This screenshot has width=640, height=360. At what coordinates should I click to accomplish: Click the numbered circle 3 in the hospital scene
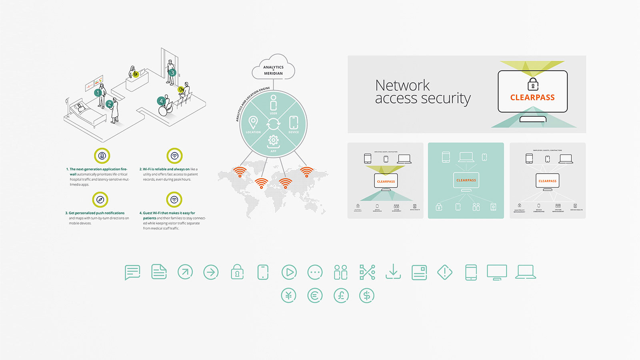(172, 73)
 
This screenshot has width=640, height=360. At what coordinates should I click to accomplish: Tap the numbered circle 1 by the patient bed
(98, 93)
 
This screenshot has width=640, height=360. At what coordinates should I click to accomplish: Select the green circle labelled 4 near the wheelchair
(161, 101)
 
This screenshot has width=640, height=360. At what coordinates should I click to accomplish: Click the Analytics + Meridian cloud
(273, 68)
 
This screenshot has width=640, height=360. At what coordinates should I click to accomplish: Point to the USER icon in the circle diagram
(273, 103)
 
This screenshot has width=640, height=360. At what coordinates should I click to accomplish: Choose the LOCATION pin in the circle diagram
(253, 122)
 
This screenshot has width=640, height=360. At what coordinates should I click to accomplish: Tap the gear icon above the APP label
(273, 140)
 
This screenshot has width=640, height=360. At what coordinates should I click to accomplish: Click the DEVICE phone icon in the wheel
(294, 122)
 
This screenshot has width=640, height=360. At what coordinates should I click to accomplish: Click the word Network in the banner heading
(402, 85)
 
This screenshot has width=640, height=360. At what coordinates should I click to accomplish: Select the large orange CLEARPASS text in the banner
(532, 98)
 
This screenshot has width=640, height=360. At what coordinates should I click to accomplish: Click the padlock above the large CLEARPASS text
(533, 84)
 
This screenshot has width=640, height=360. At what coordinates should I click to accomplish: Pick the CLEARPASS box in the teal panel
(466, 180)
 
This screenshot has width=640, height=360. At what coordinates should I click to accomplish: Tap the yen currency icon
(288, 296)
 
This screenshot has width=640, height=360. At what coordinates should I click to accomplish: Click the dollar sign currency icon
(366, 296)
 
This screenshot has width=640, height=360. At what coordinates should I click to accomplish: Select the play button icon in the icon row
(289, 272)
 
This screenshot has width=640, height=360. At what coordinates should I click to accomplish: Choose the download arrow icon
(393, 272)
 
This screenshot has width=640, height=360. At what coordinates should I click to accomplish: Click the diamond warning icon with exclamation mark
(445, 272)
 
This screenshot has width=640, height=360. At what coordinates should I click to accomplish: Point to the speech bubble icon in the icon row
(132, 272)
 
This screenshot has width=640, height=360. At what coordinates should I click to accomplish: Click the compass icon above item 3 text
(100, 199)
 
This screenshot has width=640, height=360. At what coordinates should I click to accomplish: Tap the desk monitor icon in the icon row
(497, 272)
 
